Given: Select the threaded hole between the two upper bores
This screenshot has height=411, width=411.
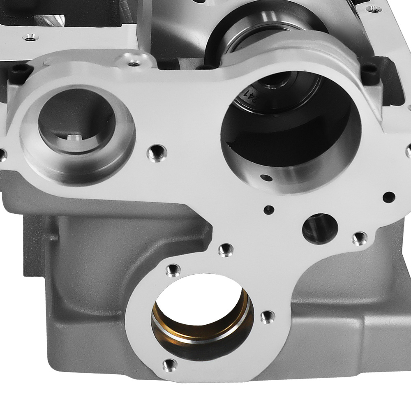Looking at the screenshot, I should tap(157, 153).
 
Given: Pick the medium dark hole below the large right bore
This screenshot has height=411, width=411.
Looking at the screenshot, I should tap(320, 229).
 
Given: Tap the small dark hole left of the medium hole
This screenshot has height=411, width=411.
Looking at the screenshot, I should tap(269, 210).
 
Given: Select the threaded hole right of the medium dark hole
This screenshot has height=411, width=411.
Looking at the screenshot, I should tap(360, 238).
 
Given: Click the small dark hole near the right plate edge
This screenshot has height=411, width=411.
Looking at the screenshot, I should tap(389, 197).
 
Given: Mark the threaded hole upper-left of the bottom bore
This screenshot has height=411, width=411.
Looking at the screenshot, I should tap(173, 270).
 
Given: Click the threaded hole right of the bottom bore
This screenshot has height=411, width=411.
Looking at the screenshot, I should tap(268, 317).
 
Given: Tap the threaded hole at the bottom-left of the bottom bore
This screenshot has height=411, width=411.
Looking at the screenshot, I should tap(169, 365).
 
